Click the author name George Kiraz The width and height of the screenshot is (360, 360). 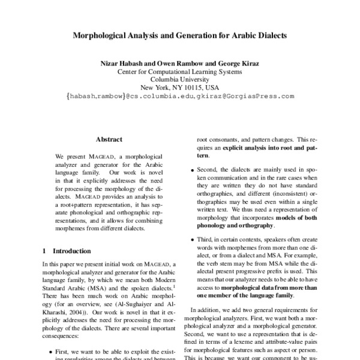click(x=236, y=62)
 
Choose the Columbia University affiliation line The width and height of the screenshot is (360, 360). click(x=179, y=79)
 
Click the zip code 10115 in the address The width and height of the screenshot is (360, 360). click(x=196, y=87)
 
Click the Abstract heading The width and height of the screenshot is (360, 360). click(x=109, y=139)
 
